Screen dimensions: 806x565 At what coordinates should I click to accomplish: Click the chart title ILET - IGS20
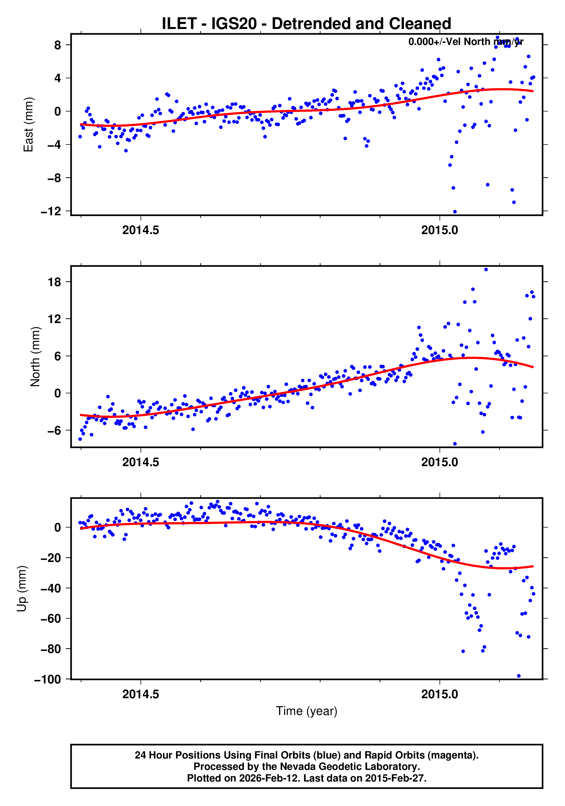[x=306, y=24]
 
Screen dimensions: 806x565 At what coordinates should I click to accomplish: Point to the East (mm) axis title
[x=28, y=125]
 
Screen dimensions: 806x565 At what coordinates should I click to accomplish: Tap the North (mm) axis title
[x=35, y=357]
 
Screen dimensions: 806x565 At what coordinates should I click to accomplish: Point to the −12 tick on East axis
[x=51, y=211]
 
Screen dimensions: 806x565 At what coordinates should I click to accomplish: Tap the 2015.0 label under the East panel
[x=439, y=230]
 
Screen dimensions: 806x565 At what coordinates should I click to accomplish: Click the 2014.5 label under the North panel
[x=141, y=462]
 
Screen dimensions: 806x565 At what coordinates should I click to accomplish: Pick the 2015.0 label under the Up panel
[x=439, y=694]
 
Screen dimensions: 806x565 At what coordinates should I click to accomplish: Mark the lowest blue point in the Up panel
[x=519, y=676]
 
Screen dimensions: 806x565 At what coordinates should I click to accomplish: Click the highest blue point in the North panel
[x=486, y=270]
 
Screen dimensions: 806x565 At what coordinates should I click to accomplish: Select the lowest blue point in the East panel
[x=455, y=212]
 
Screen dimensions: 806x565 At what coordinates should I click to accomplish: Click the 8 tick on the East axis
[x=57, y=45]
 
